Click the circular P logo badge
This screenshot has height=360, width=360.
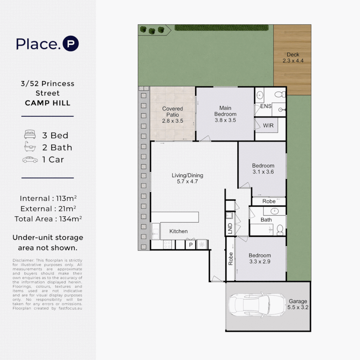pyautogui.click(x=70, y=44)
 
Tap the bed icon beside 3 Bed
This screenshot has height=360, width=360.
pyautogui.click(x=30, y=135)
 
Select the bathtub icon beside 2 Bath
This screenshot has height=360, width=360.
pyautogui.click(x=30, y=147)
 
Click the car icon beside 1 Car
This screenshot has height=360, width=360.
pyautogui.click(x=30, y=160)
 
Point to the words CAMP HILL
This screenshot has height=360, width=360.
pyautogui.click(x=48, y=103)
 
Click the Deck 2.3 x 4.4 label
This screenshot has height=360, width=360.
pyautogui.click(x=293, y=58)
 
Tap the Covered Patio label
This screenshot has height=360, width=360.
pyautogui.click(x=172, y=115)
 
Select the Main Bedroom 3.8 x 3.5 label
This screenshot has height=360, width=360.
pyautogui.click(x=225, y=114)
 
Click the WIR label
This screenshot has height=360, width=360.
pyautogui.click(x=268, y=126)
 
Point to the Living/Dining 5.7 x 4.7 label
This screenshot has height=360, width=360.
pyautogui.click(x=187, y=178)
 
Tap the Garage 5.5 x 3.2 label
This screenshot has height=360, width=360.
pyautogui.click(x=298, y=304)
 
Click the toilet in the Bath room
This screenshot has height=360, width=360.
pyautogui.click(x=280, y=229)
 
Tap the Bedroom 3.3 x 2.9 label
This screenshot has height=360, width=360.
pyautogui.click(x=260, y=258)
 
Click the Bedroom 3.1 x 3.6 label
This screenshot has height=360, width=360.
pyautogui.click(x=263, y=169)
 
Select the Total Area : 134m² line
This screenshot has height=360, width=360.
pyautogui.click(x=48, y=219)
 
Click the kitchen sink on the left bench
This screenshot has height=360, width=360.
pyautogui.click(x=156, y=231)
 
